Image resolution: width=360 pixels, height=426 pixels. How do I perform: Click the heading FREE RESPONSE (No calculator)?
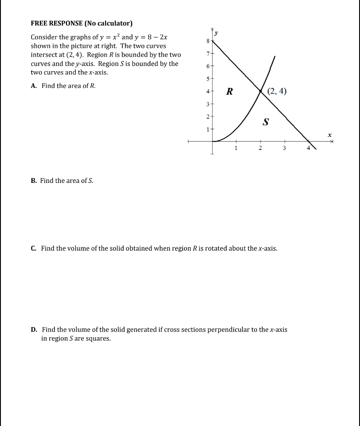point(81,23)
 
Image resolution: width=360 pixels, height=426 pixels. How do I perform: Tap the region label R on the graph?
point(229,91)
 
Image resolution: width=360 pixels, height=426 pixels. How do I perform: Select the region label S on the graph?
point(265,122)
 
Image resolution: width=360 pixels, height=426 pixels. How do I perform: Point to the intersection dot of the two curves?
point(261,91)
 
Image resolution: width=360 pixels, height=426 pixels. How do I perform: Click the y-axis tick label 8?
point(208,40)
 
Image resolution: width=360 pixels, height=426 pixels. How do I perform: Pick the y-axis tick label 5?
point(208,79)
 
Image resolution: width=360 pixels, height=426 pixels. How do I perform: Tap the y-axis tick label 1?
point(208,129)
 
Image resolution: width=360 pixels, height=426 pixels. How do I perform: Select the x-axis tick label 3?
point(284,148)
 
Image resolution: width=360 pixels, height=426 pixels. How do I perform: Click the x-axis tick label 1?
point(236,148)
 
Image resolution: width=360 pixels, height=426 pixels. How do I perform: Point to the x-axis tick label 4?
point(309,148)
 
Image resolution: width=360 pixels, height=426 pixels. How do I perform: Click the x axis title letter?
point(328,135)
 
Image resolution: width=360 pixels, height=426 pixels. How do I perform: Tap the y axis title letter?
point(217,33)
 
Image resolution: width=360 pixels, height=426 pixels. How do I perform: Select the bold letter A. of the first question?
point(34,86)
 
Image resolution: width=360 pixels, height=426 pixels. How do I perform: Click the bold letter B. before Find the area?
point(34,181)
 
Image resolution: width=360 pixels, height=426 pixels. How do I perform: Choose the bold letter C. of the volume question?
point(34,248)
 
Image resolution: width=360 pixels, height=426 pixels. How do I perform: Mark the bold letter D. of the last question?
point(34,329)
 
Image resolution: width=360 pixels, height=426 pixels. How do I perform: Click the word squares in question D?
point(99,339)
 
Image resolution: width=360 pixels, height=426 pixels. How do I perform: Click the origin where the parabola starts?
point(213,141)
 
